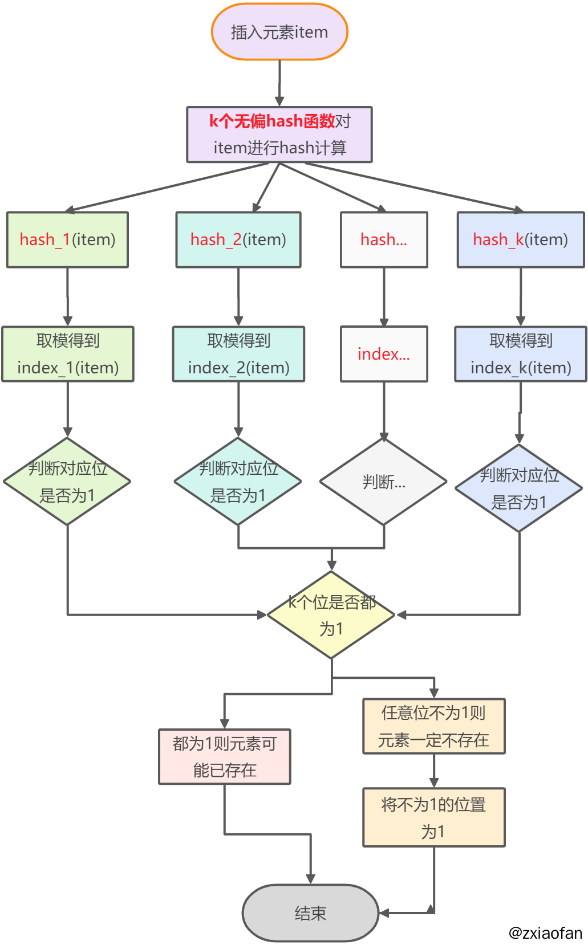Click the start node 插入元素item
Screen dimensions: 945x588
pos(279,32)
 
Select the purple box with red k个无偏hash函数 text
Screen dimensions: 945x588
pos(279,135)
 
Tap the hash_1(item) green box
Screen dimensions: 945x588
pos(67,239)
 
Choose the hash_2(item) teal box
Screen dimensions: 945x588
pos(238,239)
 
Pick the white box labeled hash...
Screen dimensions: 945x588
pos(384,239)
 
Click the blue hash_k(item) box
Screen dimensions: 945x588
pos(521,239)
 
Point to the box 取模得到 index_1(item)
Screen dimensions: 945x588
pos(67,354)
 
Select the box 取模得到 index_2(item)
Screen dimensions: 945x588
pos(238,354)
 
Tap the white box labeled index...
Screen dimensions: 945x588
pos(384,354)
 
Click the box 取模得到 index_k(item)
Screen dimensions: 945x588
pos(521,354)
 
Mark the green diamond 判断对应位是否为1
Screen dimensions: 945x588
pos(67,482)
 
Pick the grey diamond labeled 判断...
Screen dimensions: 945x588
pos(384,482)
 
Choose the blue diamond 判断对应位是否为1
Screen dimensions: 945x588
pos(519,488)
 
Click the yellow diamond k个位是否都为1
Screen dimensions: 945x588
pos(331,615)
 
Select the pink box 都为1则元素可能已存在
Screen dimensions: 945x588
pos(225,756)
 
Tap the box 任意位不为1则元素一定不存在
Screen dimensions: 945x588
pos(434,726)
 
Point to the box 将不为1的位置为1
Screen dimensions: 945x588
pos(434,817)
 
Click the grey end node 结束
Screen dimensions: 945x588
pos(310,913)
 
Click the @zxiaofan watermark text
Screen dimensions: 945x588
pos(545,933)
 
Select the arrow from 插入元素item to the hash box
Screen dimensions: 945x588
pos(279,83)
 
